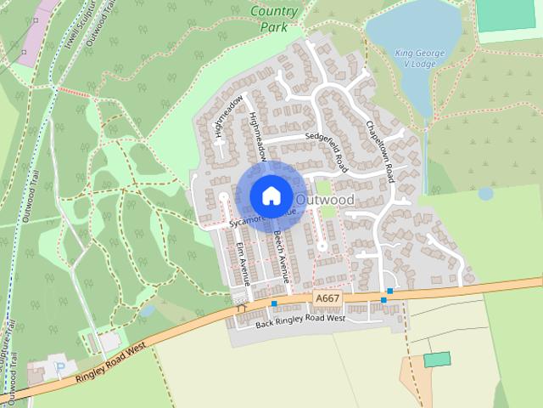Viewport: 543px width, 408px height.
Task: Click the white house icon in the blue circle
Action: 270,196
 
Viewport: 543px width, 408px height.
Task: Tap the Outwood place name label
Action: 325,199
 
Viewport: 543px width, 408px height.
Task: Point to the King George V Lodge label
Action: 416,59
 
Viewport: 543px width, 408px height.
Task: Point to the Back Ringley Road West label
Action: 299,320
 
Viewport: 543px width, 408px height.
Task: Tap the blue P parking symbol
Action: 59,367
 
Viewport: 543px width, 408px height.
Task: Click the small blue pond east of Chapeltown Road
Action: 485,194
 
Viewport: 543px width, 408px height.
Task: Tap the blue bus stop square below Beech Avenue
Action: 274,303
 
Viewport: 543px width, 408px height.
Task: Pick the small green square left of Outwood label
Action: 322,186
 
